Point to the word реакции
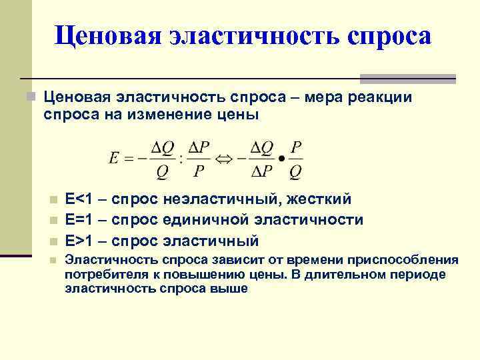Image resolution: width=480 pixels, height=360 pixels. point(385,98)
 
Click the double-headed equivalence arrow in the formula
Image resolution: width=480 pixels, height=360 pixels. point(221,159)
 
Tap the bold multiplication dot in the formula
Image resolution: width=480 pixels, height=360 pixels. point(281,160)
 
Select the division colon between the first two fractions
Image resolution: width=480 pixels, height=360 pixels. point(181,160)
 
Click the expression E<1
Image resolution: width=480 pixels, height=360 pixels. point(85,199)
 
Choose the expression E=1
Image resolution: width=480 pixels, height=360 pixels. point(85,220)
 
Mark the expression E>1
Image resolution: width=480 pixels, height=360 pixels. point(85,241)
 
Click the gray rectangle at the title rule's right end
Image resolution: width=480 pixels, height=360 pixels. point(408,79)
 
